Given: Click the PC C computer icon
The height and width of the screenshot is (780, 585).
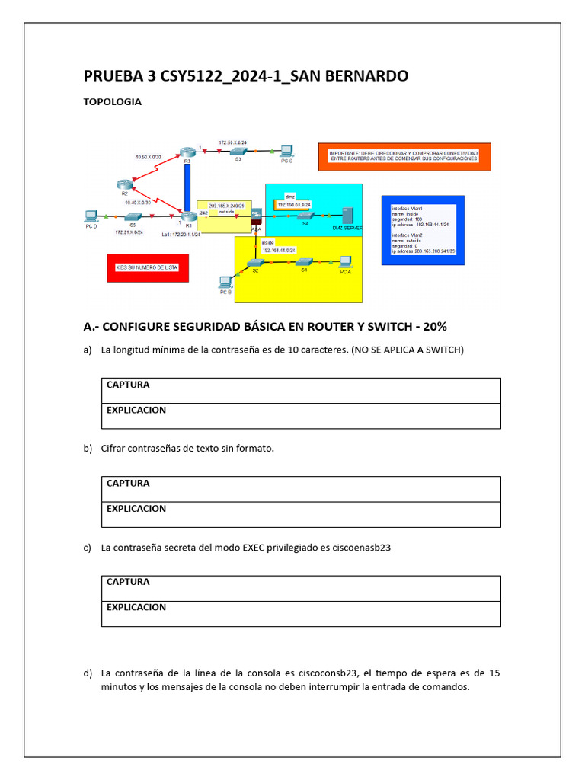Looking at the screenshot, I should tap(287, 150).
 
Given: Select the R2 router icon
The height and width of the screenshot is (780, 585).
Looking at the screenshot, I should tap(125, 185).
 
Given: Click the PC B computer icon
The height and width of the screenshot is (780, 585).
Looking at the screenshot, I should tap(225, 281).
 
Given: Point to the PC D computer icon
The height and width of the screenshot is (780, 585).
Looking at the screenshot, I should tap(91, 216).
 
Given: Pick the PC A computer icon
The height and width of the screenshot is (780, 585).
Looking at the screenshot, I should tap(345, 261).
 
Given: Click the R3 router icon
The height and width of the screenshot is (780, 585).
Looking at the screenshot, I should tap(186, 152).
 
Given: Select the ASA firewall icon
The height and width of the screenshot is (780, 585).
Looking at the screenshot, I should tap(256, 218).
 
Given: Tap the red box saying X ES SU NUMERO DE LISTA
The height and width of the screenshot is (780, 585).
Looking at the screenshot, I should tap(147, 268).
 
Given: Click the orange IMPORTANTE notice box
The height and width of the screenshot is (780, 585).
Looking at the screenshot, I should tap(404, 156).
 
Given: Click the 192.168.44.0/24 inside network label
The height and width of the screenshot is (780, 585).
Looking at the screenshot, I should tap(280, 250).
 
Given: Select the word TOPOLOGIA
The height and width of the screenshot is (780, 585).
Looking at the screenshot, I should tap(112, 101).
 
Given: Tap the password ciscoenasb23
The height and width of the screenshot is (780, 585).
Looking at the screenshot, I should tap(362, 547).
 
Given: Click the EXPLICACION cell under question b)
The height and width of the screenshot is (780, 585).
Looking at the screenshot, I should tap(301, 514).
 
